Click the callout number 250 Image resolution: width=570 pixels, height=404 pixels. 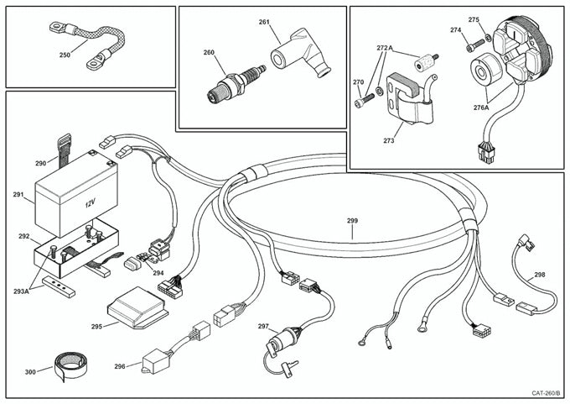65,55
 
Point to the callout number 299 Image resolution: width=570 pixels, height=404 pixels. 352,221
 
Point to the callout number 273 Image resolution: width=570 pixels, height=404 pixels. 388,141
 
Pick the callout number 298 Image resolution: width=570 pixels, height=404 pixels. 539,275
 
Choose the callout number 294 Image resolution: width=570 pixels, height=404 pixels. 157,273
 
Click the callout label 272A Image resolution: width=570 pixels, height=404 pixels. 385,49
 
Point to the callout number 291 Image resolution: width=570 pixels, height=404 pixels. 18,195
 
